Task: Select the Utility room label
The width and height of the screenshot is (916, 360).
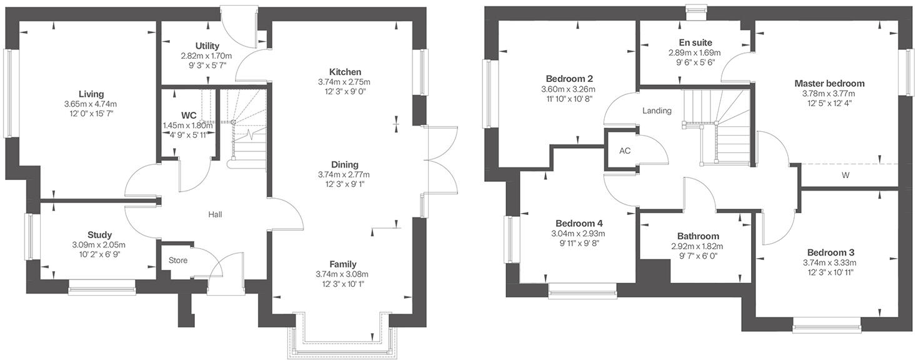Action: [207, 46]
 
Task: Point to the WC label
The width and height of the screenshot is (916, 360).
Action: [189, 116]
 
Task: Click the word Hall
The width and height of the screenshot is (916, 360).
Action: [216, 214]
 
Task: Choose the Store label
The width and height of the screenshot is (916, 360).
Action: [177, 260]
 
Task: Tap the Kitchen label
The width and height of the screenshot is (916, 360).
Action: [345, 72]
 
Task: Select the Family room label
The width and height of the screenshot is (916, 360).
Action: [344, 264]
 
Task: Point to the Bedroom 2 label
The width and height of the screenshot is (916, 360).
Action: [569, 79]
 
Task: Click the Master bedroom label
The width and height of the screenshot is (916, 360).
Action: [829, 83]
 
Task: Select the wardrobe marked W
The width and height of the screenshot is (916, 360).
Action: [845, 176]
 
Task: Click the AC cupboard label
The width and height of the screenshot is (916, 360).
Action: [625, 151]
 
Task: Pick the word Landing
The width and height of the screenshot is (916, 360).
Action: [657, 111]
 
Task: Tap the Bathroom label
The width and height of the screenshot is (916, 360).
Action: [698, 236]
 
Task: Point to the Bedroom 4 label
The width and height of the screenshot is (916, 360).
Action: [579, 223]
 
